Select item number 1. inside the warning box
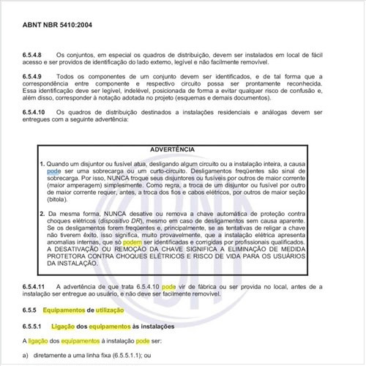coord(42,163)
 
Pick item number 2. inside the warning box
coord(42,212)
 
